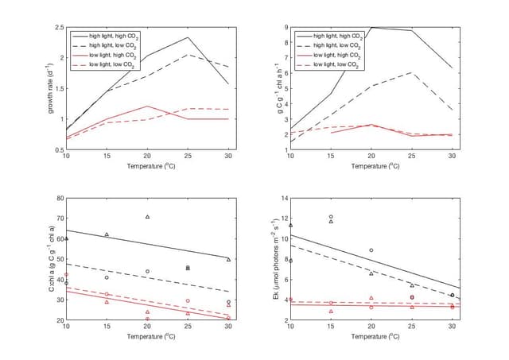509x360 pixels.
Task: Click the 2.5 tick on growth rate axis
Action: [60, 28]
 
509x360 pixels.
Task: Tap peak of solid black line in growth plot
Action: [188, 37]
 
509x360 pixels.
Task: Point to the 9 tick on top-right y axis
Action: [285, 28]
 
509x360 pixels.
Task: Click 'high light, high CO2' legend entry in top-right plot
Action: [338, 36]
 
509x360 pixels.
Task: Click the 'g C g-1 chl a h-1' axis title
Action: [275, 88]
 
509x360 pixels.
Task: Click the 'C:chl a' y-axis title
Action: [51, 259]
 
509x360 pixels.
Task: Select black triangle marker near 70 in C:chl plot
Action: [147, 217]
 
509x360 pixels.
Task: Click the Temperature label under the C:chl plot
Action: [147, 337]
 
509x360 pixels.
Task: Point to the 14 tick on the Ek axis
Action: [283, 199]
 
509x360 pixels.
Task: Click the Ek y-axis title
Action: [275, 259]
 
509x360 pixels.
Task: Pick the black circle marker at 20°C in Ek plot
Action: [371, 250]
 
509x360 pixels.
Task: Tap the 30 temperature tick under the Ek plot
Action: [453, 327]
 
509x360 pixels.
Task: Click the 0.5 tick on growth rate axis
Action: [60, 149]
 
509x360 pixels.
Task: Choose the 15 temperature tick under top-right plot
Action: [331, 156]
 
